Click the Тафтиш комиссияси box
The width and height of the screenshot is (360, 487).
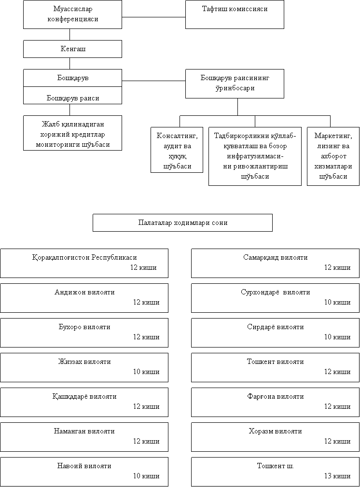click(235, 14)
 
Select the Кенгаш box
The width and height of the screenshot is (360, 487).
click(72, 49)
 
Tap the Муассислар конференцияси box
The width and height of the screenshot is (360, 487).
click(72, 14)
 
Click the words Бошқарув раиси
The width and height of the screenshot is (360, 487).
click(73, 98)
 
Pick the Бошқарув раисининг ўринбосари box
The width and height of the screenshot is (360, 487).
click(235, 83)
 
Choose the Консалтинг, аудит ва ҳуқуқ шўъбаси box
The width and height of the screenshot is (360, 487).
click(177, 150)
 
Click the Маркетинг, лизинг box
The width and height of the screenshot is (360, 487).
click(333, 156)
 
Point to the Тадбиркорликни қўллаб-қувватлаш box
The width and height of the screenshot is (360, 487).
click(255, 156)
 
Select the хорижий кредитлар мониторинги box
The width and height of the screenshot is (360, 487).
click(72, 133)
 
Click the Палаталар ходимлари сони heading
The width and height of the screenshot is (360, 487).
click(182, 223)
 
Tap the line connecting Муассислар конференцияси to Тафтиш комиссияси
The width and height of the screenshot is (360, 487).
click(154, 17)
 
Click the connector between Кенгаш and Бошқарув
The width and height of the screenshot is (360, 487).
click(69, 63)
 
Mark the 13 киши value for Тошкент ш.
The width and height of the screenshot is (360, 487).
click(337, 476)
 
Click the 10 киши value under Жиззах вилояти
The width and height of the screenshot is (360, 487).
click(146, 372)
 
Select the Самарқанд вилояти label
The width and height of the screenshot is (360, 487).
click(276, 257)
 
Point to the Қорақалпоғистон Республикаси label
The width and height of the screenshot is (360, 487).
click(84, 257)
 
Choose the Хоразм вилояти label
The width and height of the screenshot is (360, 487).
click(275, 431)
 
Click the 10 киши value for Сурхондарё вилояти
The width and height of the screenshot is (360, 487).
click(337, 302)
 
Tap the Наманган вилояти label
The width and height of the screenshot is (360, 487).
click(84, 431)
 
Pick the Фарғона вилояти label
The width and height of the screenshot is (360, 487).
click(276, 396)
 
